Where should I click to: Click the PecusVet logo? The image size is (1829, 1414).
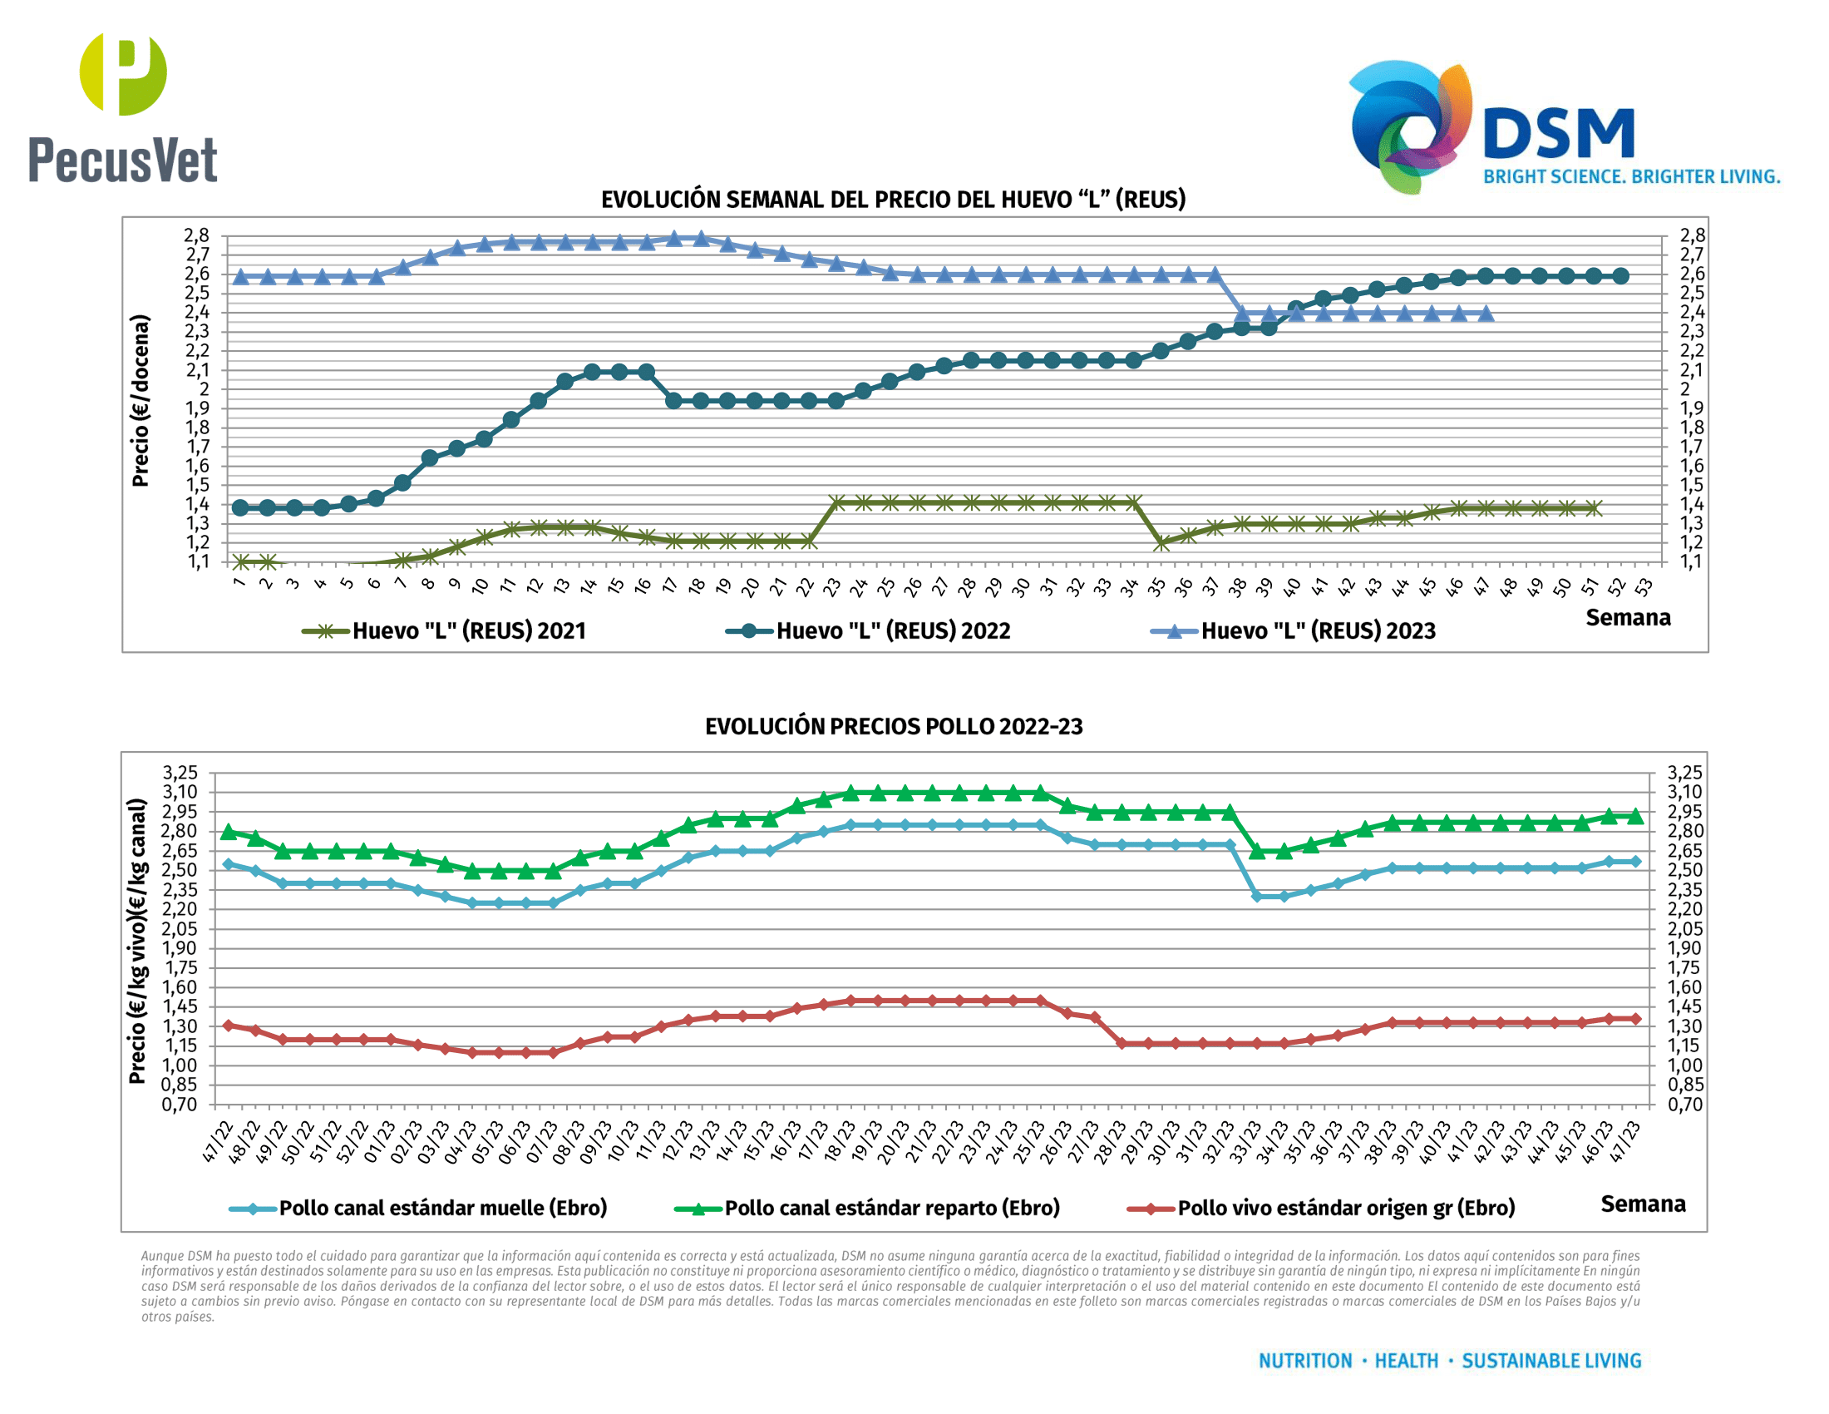pyautogui.click(x=123, y=107)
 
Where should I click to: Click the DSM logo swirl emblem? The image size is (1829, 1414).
pyautogui.click(x=1409, y=126)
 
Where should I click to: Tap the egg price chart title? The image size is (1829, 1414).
pyautogui.click(x=893, y=200)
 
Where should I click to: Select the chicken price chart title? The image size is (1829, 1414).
pyautogui.click(x=893, y=726)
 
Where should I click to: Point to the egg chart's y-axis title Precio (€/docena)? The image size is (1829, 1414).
pyautogui.click(x=141, y=400)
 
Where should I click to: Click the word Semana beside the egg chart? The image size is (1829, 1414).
pyautogui.click(x=1627, y=617)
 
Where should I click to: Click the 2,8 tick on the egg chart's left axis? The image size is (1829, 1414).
pyautogui.click(x=197, y=235)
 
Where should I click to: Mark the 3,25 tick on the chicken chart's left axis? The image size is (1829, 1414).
pyautogui.click(x=181, y=773)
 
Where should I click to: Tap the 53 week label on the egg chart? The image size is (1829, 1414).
pyautogui.click(x=1644, y=586)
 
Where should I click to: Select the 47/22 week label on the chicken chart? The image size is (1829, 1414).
pyautogui.click(x=218, y=1143)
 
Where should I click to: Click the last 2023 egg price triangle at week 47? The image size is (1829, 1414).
pyautogui.click(x=1486, y=314)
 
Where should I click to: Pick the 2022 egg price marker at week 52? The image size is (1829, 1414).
pyautogui.click(x=1620, y=275)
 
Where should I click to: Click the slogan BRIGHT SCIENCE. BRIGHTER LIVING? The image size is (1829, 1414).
pyautogui.click(x=1631, y=176)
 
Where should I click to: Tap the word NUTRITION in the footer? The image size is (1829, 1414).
pyautogui.click(x=1304, y=1362)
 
